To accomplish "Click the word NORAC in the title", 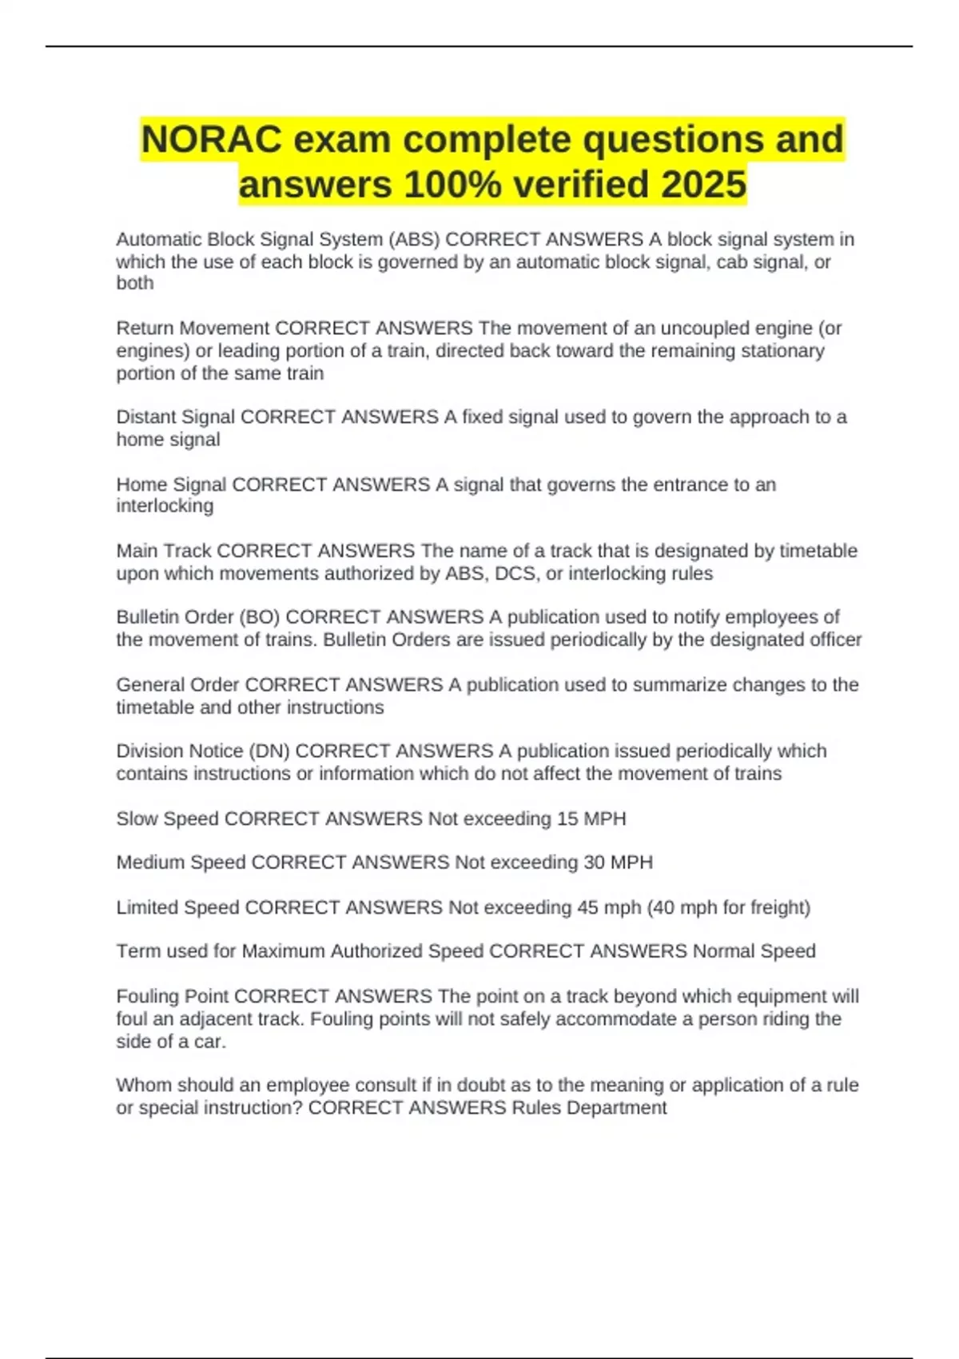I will pos(211,140).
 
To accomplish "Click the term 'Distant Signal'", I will pos(176,417).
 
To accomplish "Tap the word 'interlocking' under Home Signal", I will pos(165,506).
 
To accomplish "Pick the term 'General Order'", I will pos(177,685).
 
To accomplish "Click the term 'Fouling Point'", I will pos(173,997).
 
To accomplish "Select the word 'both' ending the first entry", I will pos(134,283).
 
